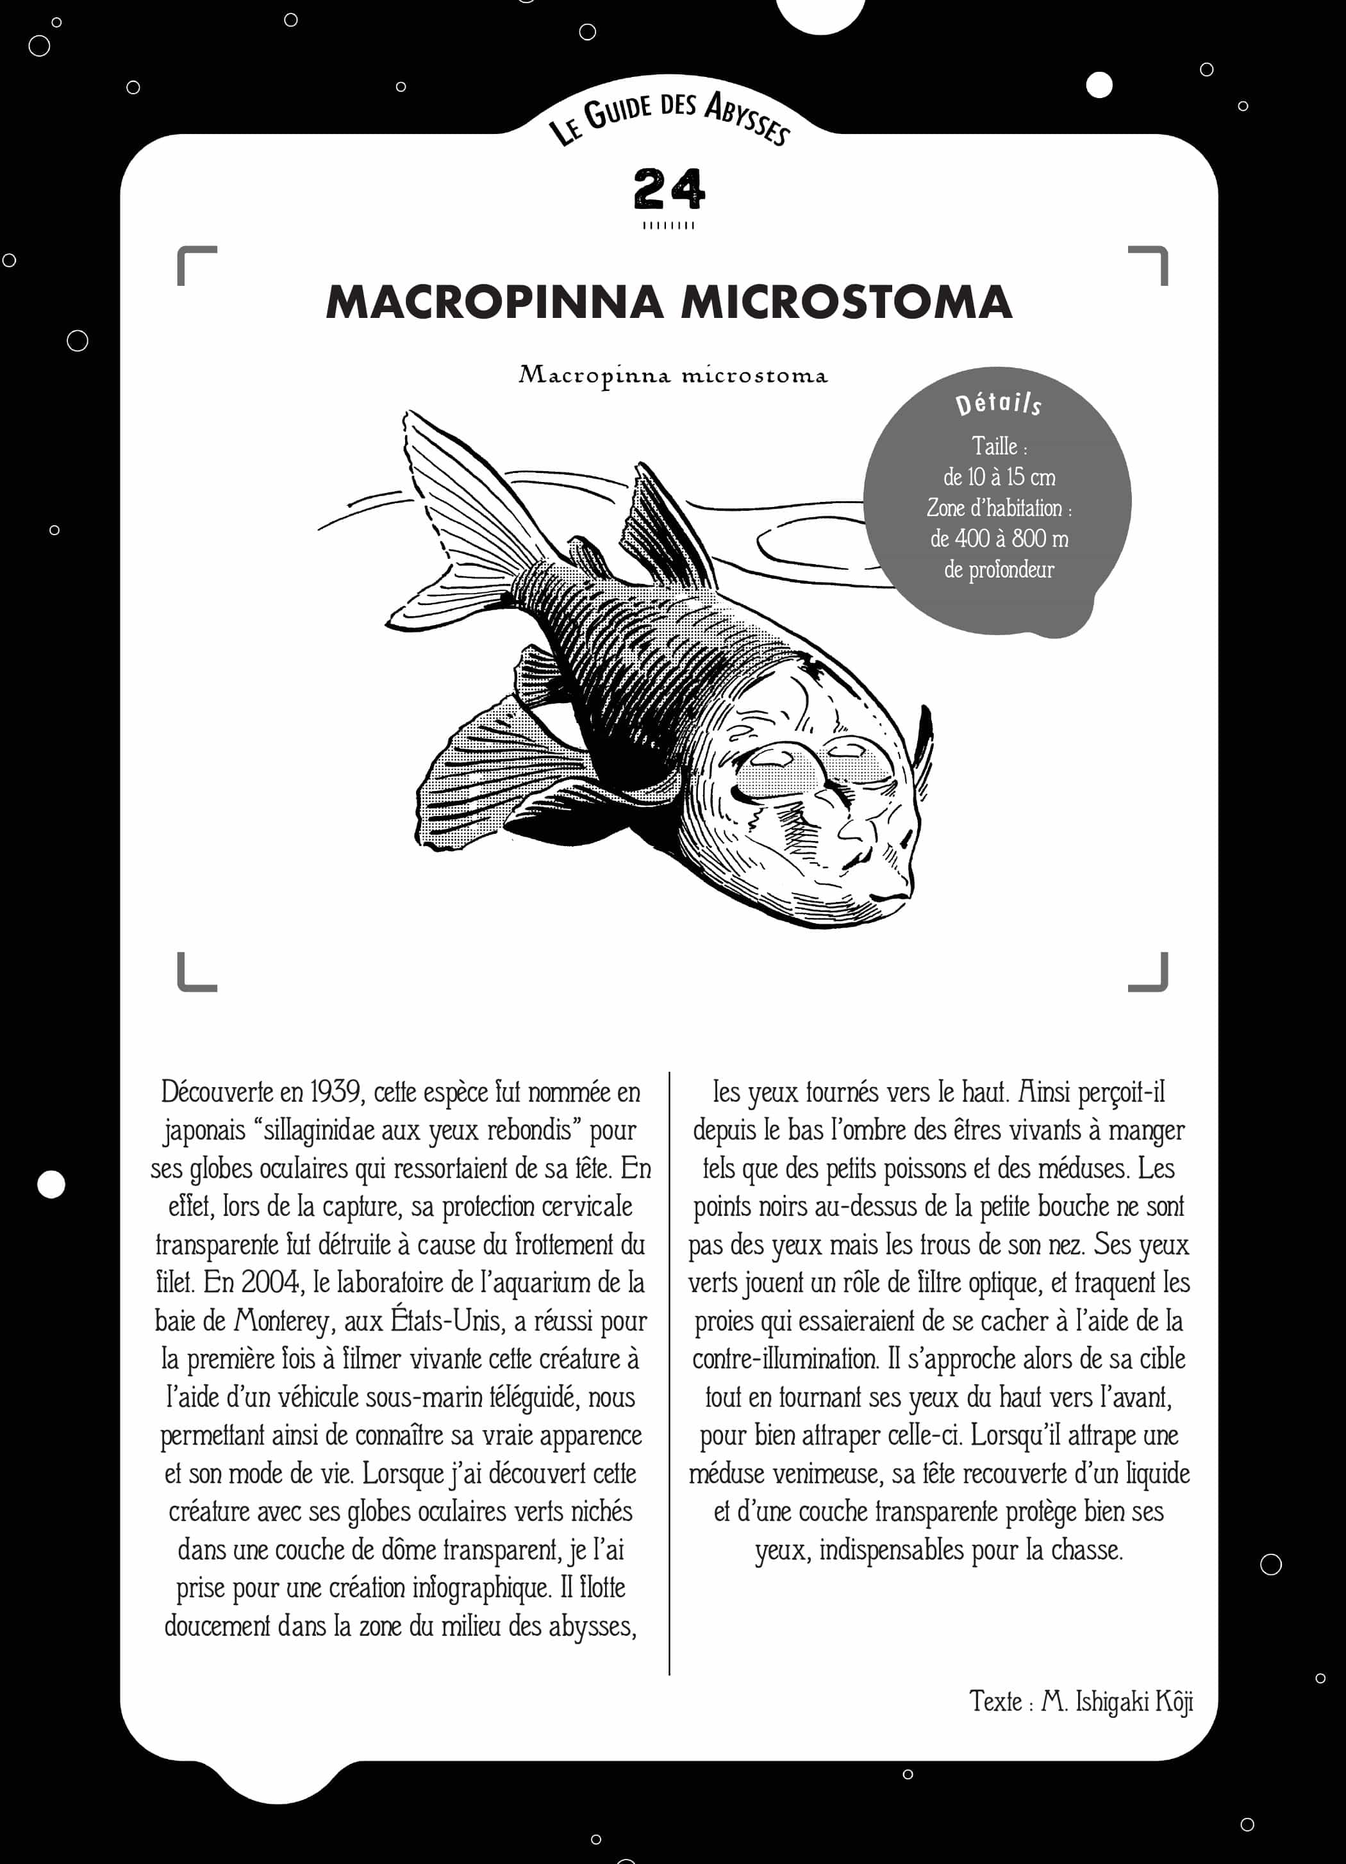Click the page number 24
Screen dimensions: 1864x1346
tap(669, 189)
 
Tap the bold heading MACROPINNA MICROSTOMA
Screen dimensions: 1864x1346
tap(669, 302)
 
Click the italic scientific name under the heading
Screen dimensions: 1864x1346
tap(672, 376)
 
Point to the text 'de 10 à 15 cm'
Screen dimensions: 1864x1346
tap(999, 477)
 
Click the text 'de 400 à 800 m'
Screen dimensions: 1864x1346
tap(999, 538)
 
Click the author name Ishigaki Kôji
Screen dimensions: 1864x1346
tap(1134, 1701)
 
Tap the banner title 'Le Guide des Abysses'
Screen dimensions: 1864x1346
tap(669, 115)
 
